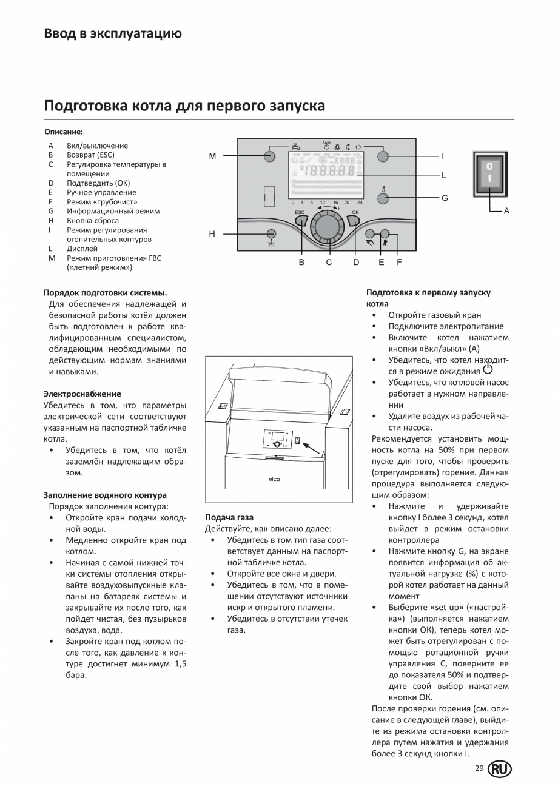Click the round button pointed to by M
tap(271, 156)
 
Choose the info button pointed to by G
tap(382, 198)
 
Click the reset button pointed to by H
tap(272, 234)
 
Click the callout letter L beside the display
tap(443, 175)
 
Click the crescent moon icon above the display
tap(348, 147)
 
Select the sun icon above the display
tap(337, 147)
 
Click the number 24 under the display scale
tap(360, 202)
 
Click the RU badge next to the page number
tap(500, 769)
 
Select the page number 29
tap(479, 768)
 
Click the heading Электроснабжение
tap(82, 394)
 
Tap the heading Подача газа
tap(229, 517)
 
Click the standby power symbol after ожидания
tap(488, 370)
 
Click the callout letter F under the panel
tap(398, 262)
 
